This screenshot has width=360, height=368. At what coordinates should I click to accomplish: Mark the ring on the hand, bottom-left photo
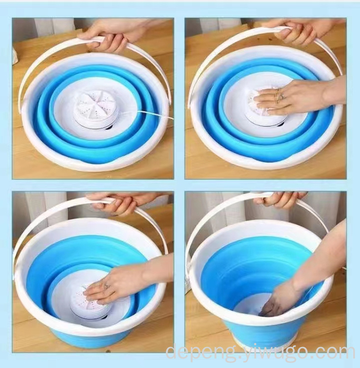coord(106,286)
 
